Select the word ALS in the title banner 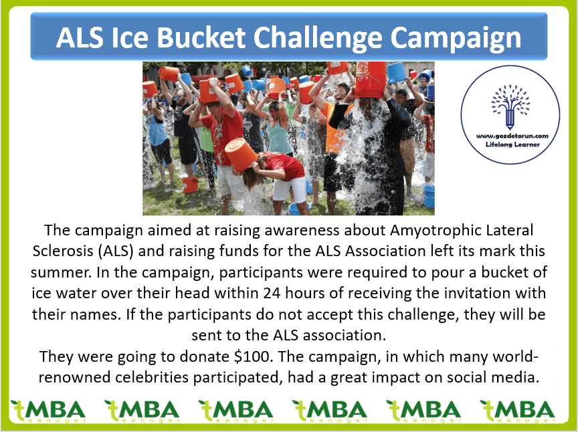tap(80, 37)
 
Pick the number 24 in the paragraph tap(272, 294)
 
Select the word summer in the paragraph tap(60, 273)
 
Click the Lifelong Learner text tap(512, 144)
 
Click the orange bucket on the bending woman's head tap(241, 154)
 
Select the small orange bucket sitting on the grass tap(190, 185)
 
